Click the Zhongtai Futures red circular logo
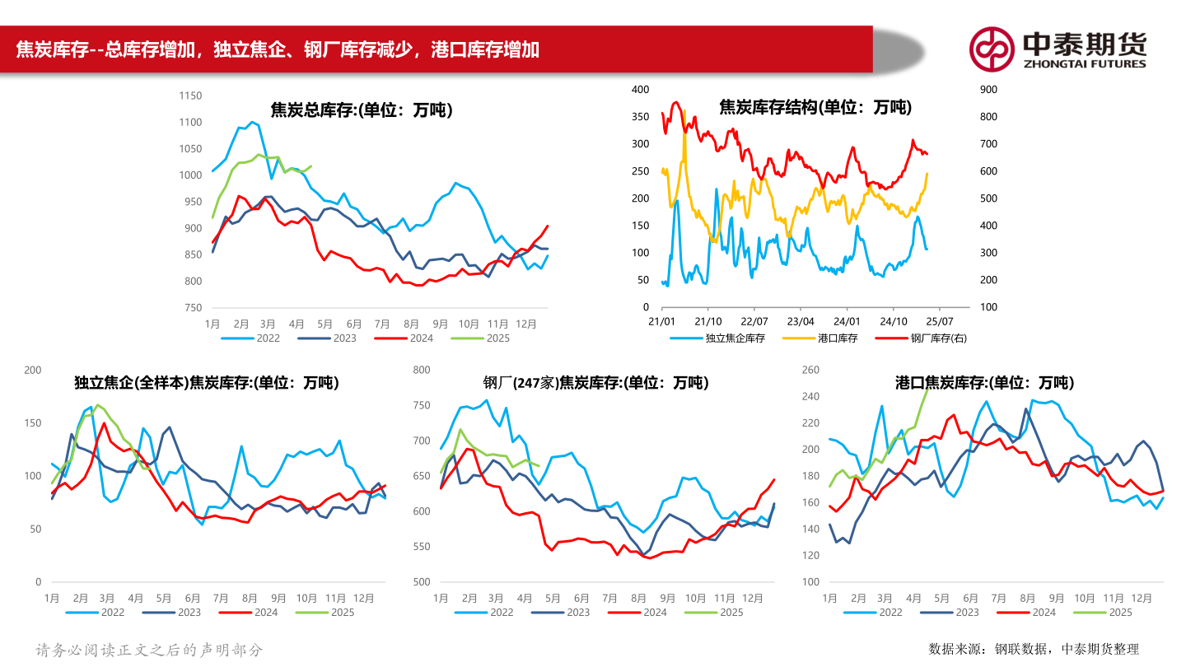coord(991,49)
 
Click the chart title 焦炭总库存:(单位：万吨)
coord(362,110)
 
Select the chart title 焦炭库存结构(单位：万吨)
coord(815,107)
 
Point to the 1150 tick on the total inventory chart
coord(189,96)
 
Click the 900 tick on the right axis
coord(988,89)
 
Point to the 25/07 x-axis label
coord(940,322)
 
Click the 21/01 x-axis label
coord(662,322)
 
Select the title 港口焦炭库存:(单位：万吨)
coord(984,383)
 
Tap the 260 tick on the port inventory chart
coord(810,371)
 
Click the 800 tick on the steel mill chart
coord(421,371)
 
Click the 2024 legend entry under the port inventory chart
coord(1044,612)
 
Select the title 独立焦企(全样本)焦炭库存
coord(206,383)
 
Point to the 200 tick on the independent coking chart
coord(33,371)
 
